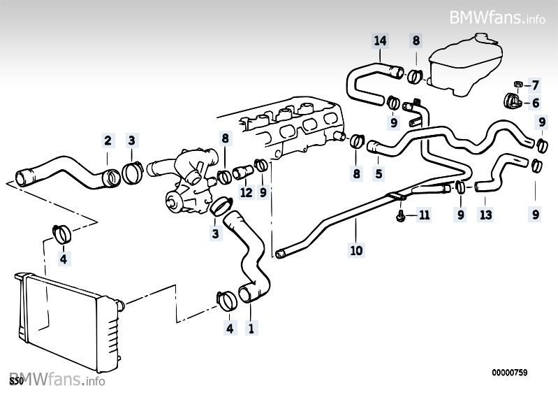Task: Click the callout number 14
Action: click(x=380, y=41)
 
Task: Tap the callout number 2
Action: click(x=108, y=141)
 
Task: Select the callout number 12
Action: click(x=247, y=192)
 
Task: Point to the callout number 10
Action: click(x=356, y=250)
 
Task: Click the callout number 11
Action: click(x=424, y=215)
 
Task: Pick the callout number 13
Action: click(x=486, y=215)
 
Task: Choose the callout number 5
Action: click(x=379, y=174)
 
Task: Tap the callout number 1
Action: click(x=251, y=328)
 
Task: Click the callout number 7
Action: click(x=536, y=85)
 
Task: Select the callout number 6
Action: click(x=536, y=103)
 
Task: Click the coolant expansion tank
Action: click(x=463, y=65)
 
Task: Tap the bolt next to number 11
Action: click(x=401, y=215)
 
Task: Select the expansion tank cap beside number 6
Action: click(x=512, y=101)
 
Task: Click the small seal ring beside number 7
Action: click(x=518, y=85)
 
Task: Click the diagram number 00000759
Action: click(x=510, y=373)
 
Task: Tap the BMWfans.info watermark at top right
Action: click(x=497, y=17)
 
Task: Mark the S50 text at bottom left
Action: click(x=16, y=382)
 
